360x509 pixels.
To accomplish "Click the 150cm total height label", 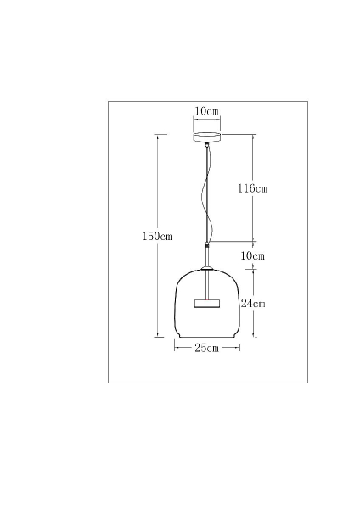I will pos(157,237).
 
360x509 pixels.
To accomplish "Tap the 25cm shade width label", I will pos(207,348).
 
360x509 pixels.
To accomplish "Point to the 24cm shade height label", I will pos(253,303).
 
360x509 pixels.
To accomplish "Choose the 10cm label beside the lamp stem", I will pos(252,255).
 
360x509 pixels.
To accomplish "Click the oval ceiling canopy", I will pos(207,137).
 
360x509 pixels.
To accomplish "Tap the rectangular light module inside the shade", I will pos(207,302).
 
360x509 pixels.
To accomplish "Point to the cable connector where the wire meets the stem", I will pos(207,245).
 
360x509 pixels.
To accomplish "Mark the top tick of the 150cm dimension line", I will pos(157,133).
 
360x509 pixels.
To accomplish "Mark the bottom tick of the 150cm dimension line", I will pos(157,337).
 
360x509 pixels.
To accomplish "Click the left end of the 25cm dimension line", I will pos(175,348).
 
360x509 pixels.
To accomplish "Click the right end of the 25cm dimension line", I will pos(240,348).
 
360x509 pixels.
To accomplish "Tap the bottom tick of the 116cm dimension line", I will pos(253,242).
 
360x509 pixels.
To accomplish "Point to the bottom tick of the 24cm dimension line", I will pos(254,337).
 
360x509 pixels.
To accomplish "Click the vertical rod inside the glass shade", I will pos(207,283).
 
